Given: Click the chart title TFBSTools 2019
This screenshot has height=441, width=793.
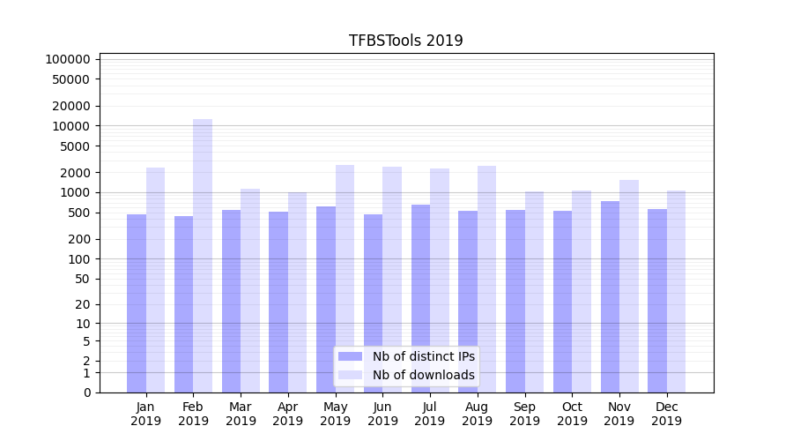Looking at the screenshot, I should [405, 41].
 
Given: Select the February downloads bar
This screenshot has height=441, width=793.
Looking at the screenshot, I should [203, 256].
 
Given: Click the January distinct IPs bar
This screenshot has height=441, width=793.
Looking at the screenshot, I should [137, 303].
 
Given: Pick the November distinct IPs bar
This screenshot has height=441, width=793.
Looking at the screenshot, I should [610, 296].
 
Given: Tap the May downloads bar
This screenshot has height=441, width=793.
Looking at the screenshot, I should [345, 279].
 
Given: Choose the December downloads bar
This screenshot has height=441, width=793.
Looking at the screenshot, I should [676, 291].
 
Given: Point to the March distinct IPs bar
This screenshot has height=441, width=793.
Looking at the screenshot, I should [231, 301].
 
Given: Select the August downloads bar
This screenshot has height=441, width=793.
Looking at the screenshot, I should [486, 279].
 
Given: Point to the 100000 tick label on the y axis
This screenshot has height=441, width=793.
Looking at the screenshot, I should [68, 59].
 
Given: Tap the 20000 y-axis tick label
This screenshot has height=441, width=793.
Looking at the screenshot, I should [71, 106].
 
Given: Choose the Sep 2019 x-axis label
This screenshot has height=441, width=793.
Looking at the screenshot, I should [524, 414].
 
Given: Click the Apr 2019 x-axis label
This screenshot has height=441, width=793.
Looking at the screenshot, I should [288, 414].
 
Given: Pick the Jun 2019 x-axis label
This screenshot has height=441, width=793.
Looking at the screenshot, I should [382, 414].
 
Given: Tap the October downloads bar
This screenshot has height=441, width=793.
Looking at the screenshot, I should [582, 291].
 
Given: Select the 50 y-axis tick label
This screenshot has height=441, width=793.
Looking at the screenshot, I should [81, 279].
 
